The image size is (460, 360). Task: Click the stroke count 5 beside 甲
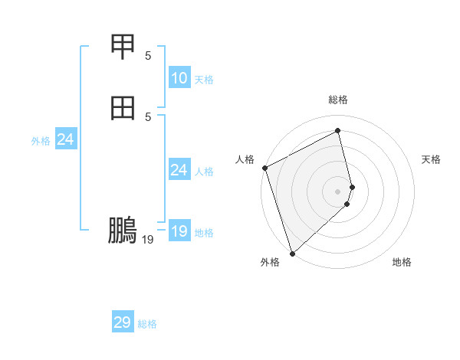click(148, 55)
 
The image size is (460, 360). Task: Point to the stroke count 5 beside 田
click(148, 116)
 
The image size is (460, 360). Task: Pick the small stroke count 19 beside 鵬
click(148, 240)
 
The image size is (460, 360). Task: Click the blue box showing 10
click(179, 78)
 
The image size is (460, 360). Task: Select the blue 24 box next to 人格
click(179, 170)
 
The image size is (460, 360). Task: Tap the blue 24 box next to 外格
click(65, 139)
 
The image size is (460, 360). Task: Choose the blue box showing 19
click(179, 231)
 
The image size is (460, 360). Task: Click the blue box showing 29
click(123, 322)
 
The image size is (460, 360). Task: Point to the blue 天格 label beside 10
click(204, 80)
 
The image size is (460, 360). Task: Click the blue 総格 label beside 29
click(147, 324)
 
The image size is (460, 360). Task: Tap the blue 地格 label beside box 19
click(204, 233)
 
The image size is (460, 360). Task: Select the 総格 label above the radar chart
click(338, 100)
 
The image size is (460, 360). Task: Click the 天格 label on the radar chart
click(431, 159)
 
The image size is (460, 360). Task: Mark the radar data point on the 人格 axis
click(264, 168)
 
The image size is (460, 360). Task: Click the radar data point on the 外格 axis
click(292, 253)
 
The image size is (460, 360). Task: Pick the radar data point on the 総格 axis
click(338, 131)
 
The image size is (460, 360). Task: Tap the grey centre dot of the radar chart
click(338, 191)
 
